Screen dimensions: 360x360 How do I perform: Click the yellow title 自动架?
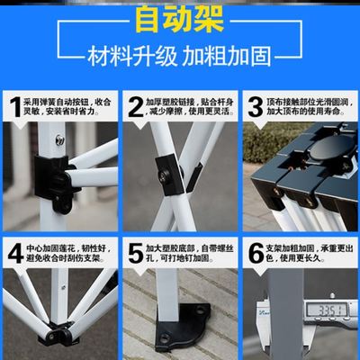pyautogui.click(x=180, y=17)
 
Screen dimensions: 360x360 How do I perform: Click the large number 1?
pyautogui.click(x=14, y=107)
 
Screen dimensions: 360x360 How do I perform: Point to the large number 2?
pyautogui.click(x=136, y=107)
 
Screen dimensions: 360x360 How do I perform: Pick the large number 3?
pyautogui.click(x=255, y=107)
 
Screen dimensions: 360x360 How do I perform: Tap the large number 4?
pyautogui.click(x=14, y=253)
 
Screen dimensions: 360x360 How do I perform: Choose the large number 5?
pyautogui.click(x=136, y=253)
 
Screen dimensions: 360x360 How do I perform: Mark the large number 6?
pyautogui.click(x=255, y=253)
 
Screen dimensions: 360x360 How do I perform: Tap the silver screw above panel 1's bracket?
pyautogui.click(x=59, y=139)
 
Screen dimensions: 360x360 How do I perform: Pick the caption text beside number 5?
pyautogui.click(x=190, y=253)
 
